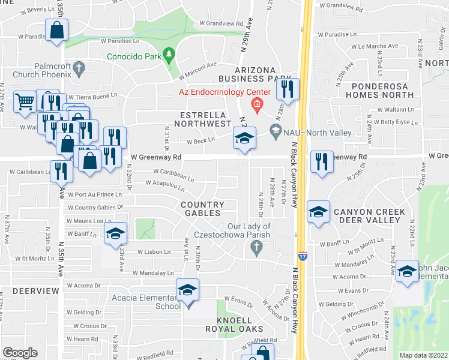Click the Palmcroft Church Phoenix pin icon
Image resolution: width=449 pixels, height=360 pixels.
coord(79,71)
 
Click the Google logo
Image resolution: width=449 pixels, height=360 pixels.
coord(19,353)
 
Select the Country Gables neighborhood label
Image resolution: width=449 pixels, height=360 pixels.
coord(202,209)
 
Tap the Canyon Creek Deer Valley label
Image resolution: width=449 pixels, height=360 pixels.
coord(366,216)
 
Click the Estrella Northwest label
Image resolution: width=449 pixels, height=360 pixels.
coord(202,119)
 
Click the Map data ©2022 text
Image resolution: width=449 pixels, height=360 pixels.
coord(423,355)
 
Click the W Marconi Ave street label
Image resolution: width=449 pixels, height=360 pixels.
coord(197,66)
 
